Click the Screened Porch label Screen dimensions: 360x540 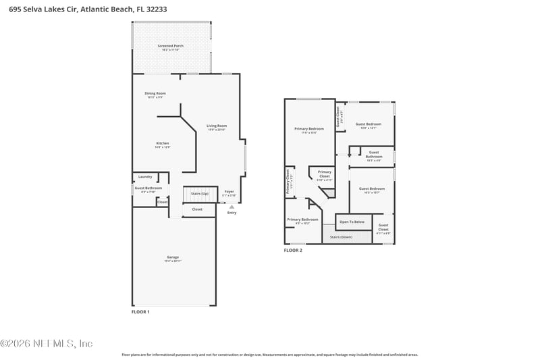[x=170, y=46]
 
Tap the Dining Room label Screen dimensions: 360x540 [x=155, y=94]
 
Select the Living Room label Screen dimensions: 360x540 [x=217, y=126]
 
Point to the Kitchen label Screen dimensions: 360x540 [x=163, y=144]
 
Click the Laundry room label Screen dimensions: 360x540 [x=145, y=177]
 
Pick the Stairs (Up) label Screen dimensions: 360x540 [x=200, y=193]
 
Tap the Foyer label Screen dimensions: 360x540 [x=230, y=192]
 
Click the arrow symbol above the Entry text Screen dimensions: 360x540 [x=232, y=207]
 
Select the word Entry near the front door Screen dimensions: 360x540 [x=232, y=213]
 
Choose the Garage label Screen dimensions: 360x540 [x=173, y=257]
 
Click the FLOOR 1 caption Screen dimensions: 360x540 [x=140, y=312]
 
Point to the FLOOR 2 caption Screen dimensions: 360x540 [x=292, y=250]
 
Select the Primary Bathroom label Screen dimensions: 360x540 [x=302, y=220]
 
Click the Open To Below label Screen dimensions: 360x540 [x=352, y=222]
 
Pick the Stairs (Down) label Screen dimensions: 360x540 [x=342, y=237]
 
